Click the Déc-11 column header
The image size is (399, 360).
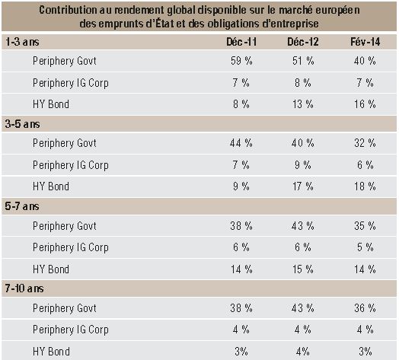[241, 42]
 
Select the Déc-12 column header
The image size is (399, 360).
[303, 42]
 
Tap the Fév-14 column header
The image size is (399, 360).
[365, 42]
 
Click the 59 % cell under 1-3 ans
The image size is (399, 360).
[241, 61]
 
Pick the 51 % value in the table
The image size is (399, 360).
[303, 61]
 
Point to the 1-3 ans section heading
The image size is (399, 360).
[22, 42]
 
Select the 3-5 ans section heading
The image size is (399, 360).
[22, 124]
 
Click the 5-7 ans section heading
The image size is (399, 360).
[22, 206]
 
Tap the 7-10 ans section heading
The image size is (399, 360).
[24, 288]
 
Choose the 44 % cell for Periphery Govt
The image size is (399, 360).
[241, 143]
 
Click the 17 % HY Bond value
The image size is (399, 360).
[303, 186]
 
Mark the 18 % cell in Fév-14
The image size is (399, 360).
[365, 186]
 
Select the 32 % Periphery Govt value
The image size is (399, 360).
[365, 143]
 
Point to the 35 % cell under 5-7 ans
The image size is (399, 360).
[365, 226]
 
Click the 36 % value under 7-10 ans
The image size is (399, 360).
[365, 308]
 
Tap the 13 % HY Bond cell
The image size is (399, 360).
[303, 104]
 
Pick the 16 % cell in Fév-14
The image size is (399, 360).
[365, 104]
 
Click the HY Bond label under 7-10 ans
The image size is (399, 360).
[51, 352]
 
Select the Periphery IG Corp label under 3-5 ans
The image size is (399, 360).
[71, 165]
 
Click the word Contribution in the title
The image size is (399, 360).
[68, 10]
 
